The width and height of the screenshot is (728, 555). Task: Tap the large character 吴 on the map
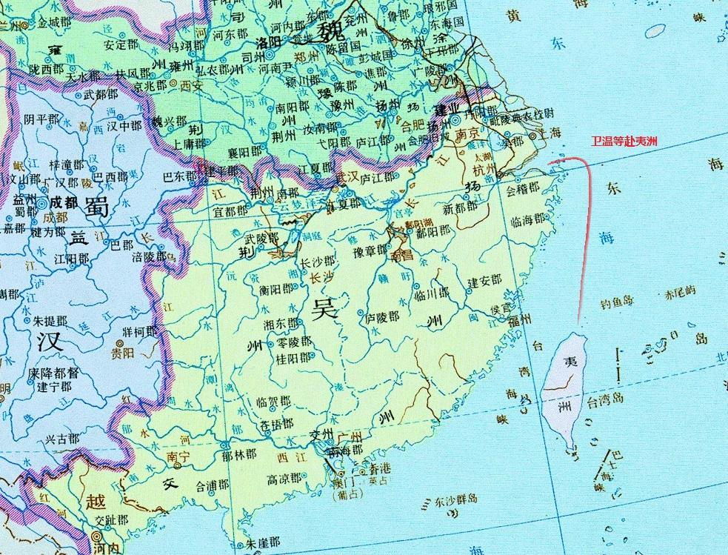click(x=324, y=308)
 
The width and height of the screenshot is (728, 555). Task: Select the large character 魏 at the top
click(x=329, y=31)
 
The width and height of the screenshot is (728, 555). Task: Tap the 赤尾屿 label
click(x=681, y=293)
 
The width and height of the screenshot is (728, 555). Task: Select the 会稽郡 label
click(x=522, y=188)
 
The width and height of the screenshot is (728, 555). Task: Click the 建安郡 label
click(x=484, y=282)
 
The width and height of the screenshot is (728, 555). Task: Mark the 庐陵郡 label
click(x=382, y=316)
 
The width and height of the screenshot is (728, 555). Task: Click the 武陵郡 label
click(x=261, y=239)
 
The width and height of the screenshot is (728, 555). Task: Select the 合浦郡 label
click(x=213, y=486)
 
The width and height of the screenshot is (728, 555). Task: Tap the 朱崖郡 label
click(x=263, y=542)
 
